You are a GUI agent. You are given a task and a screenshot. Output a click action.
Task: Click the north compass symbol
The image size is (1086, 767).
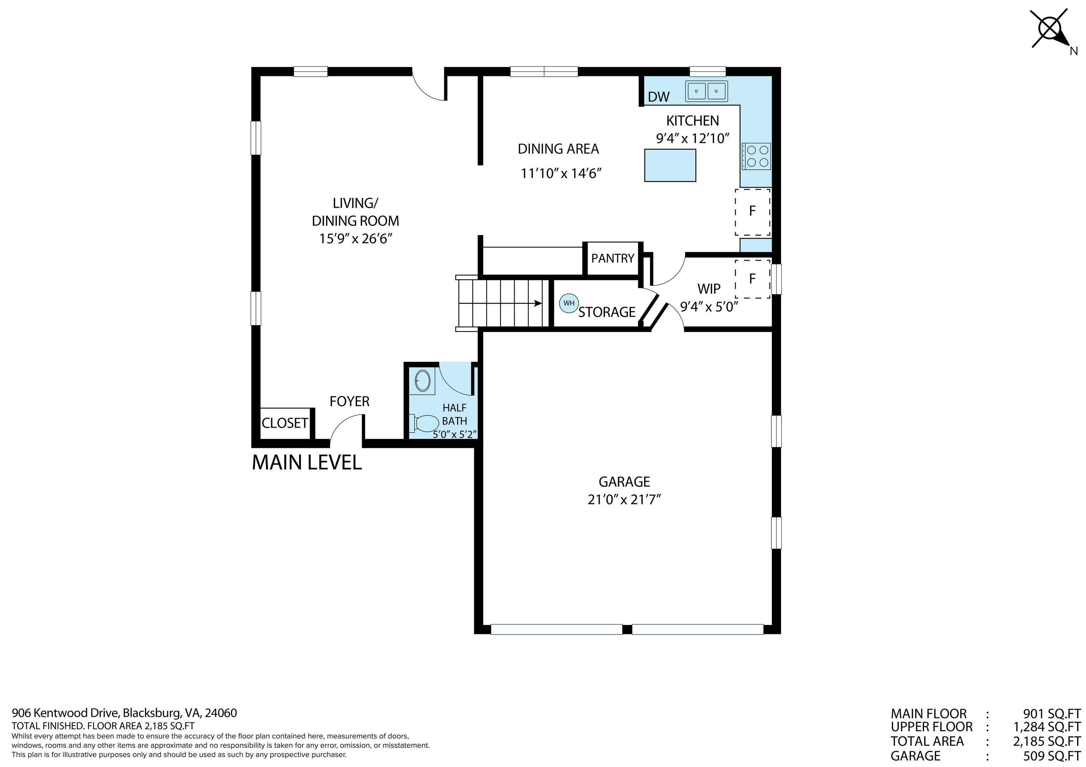(x=1051, y=29)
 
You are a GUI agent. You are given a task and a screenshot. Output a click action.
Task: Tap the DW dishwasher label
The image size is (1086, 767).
(x=658, y=97)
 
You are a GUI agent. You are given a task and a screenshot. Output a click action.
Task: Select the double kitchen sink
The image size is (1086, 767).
(x=707, y=91)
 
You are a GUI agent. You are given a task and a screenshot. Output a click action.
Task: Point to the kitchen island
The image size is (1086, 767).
(x=670, y=165)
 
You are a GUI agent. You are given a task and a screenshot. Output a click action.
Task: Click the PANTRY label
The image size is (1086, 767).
(x=613, y=258)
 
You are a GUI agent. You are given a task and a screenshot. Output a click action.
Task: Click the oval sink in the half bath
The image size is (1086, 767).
(x=422, y=380)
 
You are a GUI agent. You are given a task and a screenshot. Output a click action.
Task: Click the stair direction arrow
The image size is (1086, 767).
(x=538, y=303)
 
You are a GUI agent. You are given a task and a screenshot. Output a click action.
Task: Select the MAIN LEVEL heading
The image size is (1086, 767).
(x=306, y=463)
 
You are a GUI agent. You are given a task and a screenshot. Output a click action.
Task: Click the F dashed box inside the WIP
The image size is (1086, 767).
(x=752, y=279)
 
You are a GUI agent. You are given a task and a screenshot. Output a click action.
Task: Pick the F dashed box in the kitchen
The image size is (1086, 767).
(x=752, y=211)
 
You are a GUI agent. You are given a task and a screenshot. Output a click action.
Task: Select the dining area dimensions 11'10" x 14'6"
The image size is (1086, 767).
(x=561, y=173)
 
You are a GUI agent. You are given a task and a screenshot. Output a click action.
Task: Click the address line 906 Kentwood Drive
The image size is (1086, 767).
(x=124, y=713)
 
